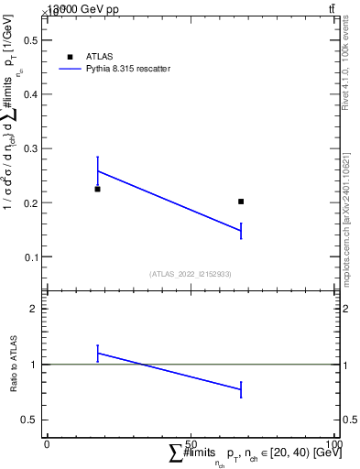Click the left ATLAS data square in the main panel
coord(97,189)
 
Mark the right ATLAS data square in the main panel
coord(241,202)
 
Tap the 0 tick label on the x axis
coord(47,443)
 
